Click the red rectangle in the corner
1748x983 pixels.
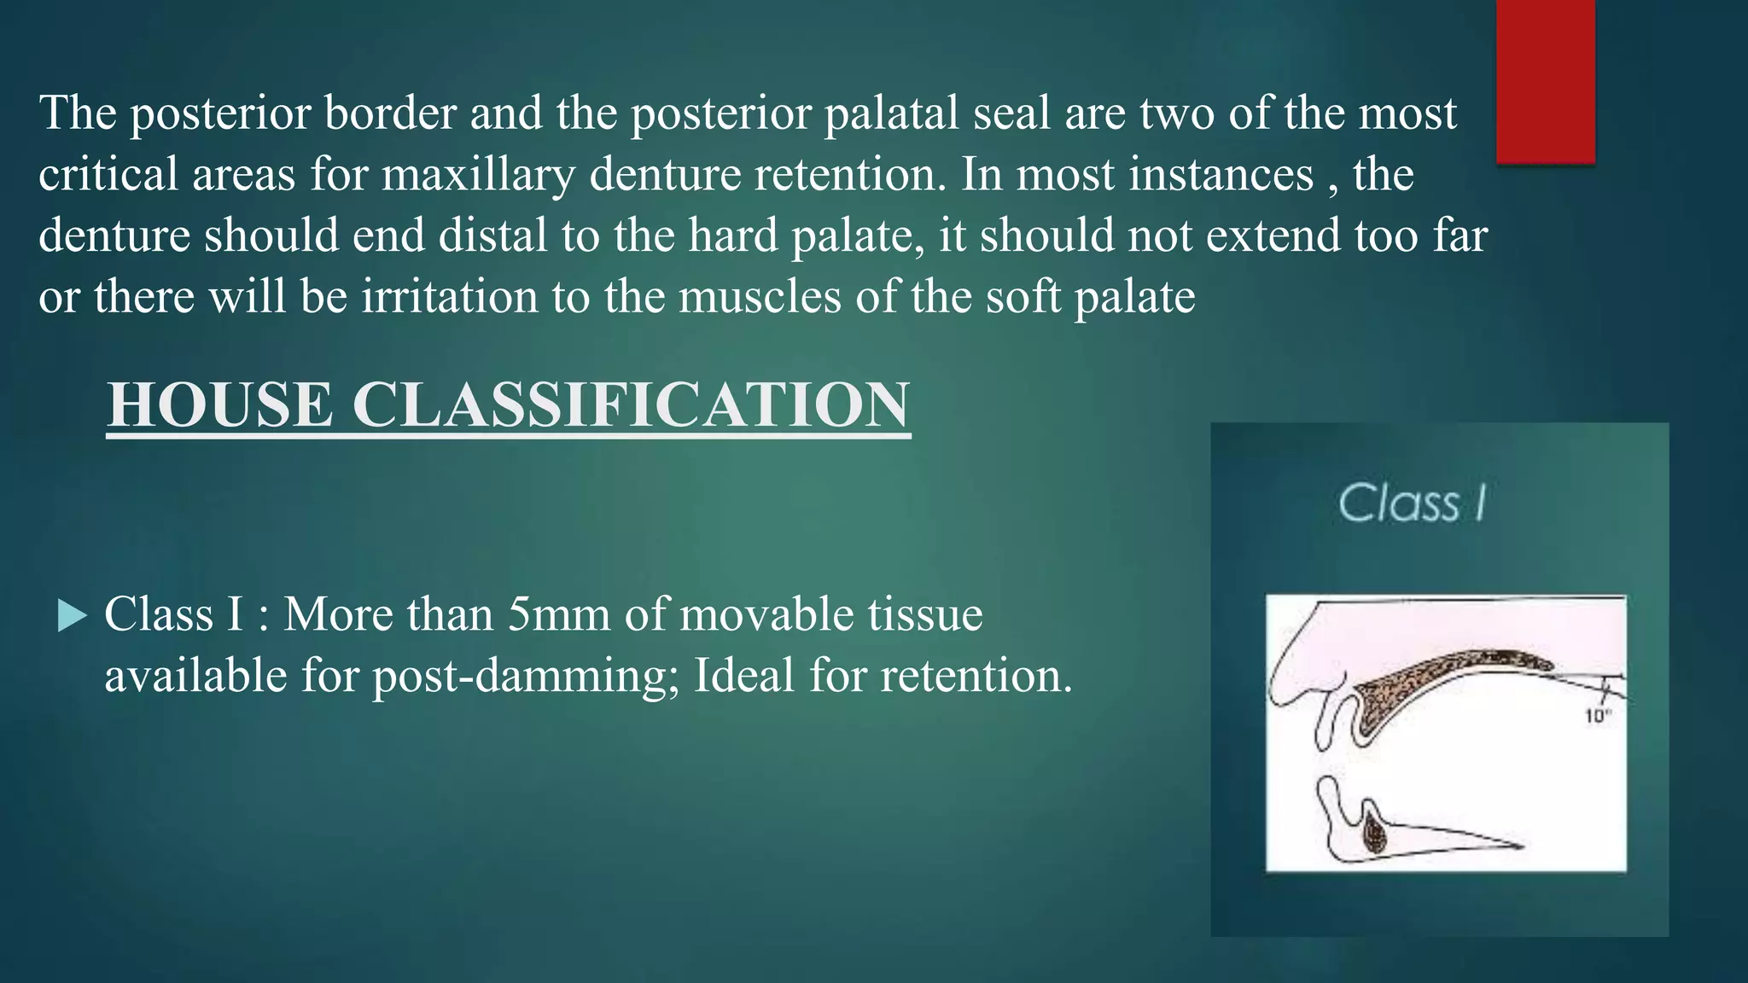1545,81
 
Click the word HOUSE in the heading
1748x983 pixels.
220,404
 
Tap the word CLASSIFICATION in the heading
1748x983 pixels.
631,404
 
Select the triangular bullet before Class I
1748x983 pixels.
73,615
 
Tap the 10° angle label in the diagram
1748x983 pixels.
1597,717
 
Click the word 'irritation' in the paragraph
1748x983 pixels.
449,296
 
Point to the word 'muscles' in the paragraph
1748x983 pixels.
758,296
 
